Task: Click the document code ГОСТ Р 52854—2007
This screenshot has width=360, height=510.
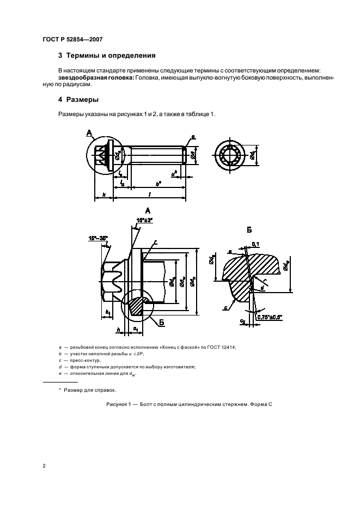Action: tap(72, 39)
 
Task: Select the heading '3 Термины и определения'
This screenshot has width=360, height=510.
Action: tap(107, 56)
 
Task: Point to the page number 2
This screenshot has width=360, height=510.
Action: tap(44, 466)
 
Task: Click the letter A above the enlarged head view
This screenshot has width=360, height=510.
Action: tap(148, 210)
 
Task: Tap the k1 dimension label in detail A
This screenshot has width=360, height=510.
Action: tap(108, 313)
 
